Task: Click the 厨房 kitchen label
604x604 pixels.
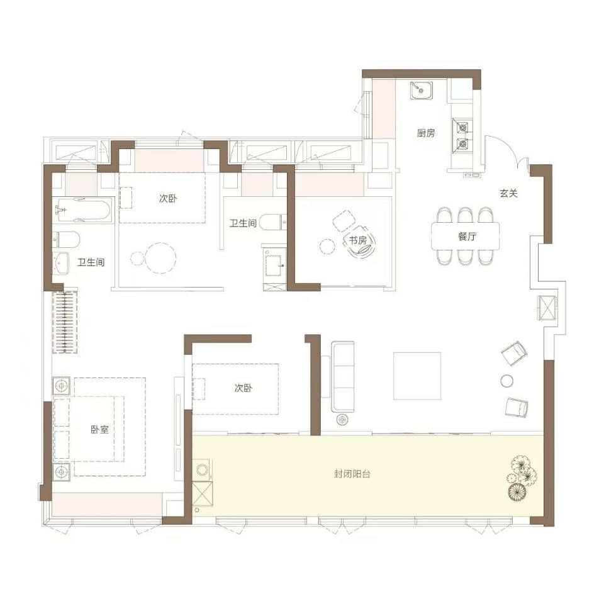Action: pos(426,133)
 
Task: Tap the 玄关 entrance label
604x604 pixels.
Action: pos(508,193)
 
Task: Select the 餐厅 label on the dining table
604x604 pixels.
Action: pos(467,236)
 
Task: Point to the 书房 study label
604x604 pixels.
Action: pos(357,240)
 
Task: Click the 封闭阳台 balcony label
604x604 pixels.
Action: pos(352,474)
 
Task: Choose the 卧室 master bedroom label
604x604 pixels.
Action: pos(100,430)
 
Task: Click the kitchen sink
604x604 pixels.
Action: pos(421,91)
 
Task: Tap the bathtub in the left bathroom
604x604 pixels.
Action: pos(82,210)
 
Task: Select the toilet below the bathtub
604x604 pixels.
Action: pos(66,239)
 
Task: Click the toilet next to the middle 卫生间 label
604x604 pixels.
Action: pos(272,222)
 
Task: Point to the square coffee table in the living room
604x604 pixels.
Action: pos(417,376)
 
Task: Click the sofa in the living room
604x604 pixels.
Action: pos(343,376)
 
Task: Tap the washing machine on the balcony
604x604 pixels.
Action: pos(203,469)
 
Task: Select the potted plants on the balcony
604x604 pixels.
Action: pos(522,478)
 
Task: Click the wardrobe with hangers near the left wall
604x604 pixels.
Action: pos(65,322)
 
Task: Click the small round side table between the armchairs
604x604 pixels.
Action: pos(506,381)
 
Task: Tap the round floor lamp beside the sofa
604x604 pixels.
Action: pos(342,419)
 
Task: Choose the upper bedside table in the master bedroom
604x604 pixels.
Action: pos(61,386)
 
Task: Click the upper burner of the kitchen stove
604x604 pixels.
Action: pos(462,126)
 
